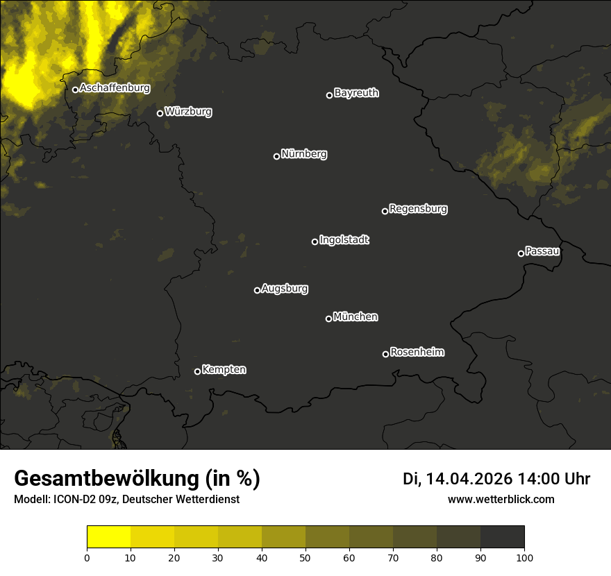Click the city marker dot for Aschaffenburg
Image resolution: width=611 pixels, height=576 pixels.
tap(75, 90)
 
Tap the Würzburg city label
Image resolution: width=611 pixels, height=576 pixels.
tap(188, 112)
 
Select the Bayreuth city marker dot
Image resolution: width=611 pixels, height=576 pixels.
tap(330, 95)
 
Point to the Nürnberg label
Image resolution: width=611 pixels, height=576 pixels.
tap(304, 154)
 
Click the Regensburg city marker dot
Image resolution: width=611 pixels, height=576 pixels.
tap(385, 211)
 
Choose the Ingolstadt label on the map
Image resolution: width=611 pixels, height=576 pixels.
tap(344, 240)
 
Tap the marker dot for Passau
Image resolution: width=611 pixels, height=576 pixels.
tap(521, 253)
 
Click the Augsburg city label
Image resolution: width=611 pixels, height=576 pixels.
tap(285, 289)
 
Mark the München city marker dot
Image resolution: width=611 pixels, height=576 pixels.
tap(328, 319)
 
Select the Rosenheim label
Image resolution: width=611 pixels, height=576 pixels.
tap(417, 353)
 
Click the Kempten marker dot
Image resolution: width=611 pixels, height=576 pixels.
tap(197, 371)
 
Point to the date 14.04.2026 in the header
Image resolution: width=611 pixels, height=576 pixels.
tap(469, 479)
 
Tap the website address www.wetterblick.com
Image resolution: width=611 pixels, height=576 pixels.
tap(501, 499)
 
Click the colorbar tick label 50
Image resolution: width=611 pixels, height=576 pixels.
tap(305, 557)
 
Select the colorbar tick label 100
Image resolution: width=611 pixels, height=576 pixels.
tap(524, 557)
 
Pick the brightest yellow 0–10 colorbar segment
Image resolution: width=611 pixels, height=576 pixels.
tap(108, 536)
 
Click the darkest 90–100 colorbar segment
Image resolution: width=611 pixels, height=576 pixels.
tap(502, 536)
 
